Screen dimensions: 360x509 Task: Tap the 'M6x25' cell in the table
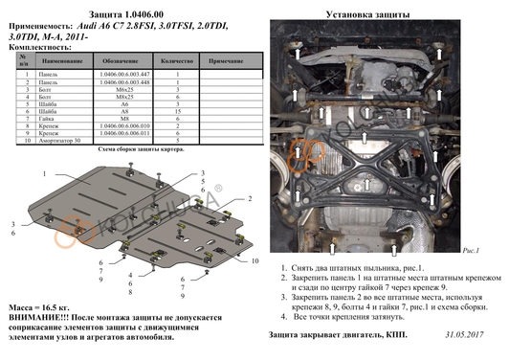click(121, 88)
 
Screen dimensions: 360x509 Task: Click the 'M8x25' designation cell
click(121, 96)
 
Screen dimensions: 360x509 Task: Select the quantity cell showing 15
click(179, 110)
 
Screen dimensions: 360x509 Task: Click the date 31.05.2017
click(467, 334)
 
